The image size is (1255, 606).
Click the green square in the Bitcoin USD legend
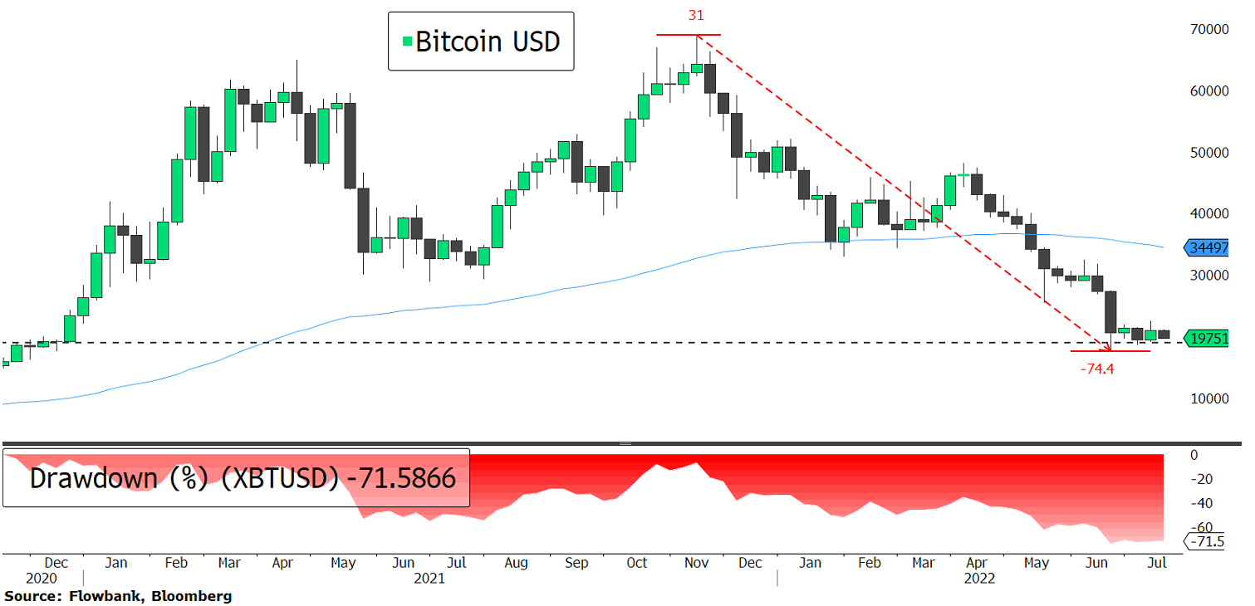pyautogui.click(x=406, y=41)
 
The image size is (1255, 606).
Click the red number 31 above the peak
pyautogui.click(x=696, y=16)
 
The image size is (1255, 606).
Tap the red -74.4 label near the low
pyautogui.click(x=1096, y=369)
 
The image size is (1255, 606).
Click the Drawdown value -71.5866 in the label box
pyautogui.click(x=402, y=478)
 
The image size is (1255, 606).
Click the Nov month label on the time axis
pyautogui.click(x=696, y=562)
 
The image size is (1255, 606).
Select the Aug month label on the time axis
pyautogui.click(x=516, y=562)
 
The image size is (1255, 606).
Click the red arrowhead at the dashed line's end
pyautogui.click(x=1109, y=346)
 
